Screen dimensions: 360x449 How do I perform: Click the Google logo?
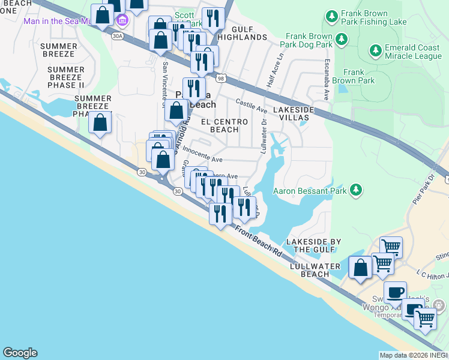[x=20, y=353]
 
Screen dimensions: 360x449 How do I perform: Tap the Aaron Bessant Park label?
[x=311, y=191]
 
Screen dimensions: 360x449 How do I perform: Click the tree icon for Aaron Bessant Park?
[x=357, y=190]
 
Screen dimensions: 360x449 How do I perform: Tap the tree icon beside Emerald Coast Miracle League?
[x=376, y=49]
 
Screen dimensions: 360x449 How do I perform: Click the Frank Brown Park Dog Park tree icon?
[x=342, y=40]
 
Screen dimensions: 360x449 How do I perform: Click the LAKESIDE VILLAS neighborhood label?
[x=294, y=114]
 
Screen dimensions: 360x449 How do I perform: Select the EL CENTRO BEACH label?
[x=224, y=125]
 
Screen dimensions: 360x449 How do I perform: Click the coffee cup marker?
[x=395, y=292]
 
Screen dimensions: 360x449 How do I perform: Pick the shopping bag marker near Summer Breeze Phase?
[x=100, y=123]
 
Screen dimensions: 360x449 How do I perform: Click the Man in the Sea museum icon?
[x=123, y=22]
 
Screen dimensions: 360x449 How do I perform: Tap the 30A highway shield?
[x=117, y=36]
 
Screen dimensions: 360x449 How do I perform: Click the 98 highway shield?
[x=221, y=79]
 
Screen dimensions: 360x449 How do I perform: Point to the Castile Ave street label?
[x=252, y=106]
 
